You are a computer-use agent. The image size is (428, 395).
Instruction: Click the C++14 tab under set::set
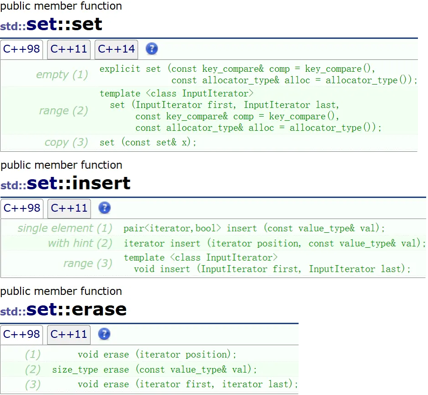tap(116, 49)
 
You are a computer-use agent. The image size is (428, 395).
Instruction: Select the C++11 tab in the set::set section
tap(69, 49)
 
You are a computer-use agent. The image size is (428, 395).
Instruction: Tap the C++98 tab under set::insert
tap(22, 208)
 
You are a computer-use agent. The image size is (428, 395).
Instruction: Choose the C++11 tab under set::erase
tap(69, 334)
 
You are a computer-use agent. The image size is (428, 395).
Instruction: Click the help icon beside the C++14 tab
tap(151, 49)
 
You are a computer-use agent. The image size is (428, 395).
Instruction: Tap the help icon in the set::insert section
tap(104, 208)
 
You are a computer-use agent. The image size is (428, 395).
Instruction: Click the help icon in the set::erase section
tap(104, 334)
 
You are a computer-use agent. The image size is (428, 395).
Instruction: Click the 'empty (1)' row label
tap(62, 75)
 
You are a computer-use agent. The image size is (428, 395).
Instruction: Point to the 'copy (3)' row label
tap(66, 142)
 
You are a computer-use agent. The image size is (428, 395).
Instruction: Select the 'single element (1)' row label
tap(65, 228)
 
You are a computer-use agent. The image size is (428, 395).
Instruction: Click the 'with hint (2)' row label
tap(80, 243)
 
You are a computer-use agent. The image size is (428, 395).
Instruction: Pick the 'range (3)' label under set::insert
tap(88, 263)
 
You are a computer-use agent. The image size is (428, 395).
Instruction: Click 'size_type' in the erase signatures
tap(71, 369)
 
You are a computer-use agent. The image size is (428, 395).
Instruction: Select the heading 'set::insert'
tap(79, 183)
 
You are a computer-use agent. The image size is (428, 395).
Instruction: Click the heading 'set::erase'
tap(76, 310)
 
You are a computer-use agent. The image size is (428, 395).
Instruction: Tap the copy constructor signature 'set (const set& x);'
tap(148, 142)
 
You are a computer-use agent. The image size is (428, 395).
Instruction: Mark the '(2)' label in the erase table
tap(33, 369)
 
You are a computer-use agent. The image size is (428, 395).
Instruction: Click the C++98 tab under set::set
tap(21, 49)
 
